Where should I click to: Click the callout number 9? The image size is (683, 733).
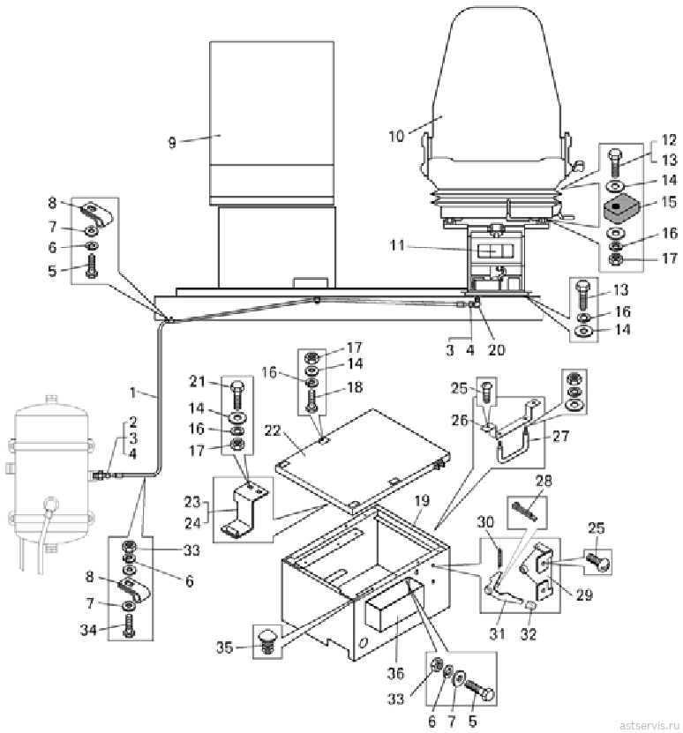click(172, 142)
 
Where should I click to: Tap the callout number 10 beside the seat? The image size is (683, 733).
click(396, 136)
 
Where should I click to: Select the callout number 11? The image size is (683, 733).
click(397, 245)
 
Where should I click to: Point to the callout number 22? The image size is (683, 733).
click(273, 430)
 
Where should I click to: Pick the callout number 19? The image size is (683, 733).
click(422, 501)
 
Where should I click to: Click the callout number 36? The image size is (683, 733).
click(395, 673)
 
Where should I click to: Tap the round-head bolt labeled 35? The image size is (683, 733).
click(267, 642)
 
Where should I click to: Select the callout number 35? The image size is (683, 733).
click(224, 647)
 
